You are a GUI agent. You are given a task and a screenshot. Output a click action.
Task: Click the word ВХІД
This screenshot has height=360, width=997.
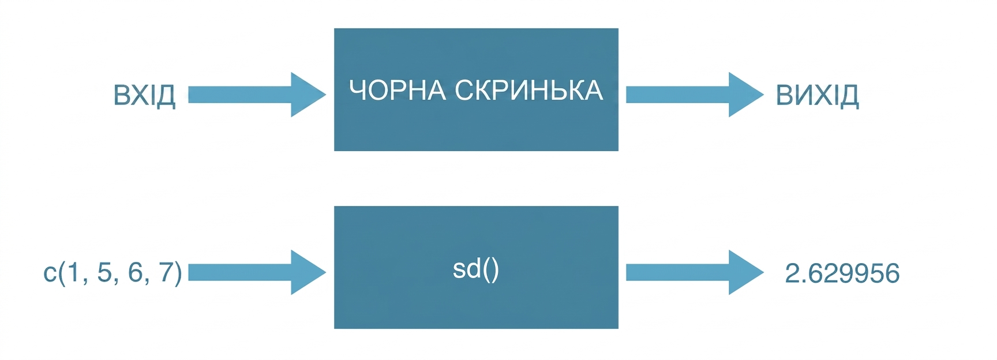point(144,95)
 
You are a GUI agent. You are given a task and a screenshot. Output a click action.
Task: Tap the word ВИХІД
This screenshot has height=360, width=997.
point(817,95)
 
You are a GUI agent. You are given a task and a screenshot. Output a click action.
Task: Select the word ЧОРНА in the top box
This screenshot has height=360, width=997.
point(398,91)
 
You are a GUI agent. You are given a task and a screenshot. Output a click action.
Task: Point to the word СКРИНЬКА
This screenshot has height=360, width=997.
point(529,91)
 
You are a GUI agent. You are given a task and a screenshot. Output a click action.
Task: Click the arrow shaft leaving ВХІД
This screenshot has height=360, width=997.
point(240,95)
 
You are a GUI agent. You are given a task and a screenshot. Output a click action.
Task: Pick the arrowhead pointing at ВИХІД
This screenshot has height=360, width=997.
point(746,95)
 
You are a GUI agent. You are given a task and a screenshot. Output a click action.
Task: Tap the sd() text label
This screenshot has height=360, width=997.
point(476,269)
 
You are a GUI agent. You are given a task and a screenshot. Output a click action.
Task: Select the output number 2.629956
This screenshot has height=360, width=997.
point(842,273)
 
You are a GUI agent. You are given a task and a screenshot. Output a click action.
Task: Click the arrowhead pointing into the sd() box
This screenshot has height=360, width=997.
point(308,272)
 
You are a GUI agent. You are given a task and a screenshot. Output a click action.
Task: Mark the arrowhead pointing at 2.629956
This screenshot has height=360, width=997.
point(746,272)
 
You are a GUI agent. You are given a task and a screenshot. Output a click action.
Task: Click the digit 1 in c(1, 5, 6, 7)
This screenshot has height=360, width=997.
point(73,272)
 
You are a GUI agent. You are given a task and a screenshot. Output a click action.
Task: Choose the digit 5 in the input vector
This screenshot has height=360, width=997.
point(104,272)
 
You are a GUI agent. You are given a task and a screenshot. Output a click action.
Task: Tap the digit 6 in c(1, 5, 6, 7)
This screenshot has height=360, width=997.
point(135,272)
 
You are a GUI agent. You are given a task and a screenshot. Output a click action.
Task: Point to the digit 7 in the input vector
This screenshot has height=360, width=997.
point(166,272)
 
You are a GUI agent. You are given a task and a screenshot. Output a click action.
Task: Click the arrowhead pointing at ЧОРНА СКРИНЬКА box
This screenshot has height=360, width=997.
point(308,95)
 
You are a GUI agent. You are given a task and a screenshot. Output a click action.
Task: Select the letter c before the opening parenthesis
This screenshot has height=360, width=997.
point(50,275)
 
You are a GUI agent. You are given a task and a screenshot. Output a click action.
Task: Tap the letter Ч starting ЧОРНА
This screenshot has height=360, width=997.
point(357,91)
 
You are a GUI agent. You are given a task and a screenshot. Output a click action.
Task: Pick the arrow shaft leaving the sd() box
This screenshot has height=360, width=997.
point(678,272)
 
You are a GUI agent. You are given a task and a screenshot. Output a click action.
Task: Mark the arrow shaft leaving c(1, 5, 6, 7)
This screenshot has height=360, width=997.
point(240,272)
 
